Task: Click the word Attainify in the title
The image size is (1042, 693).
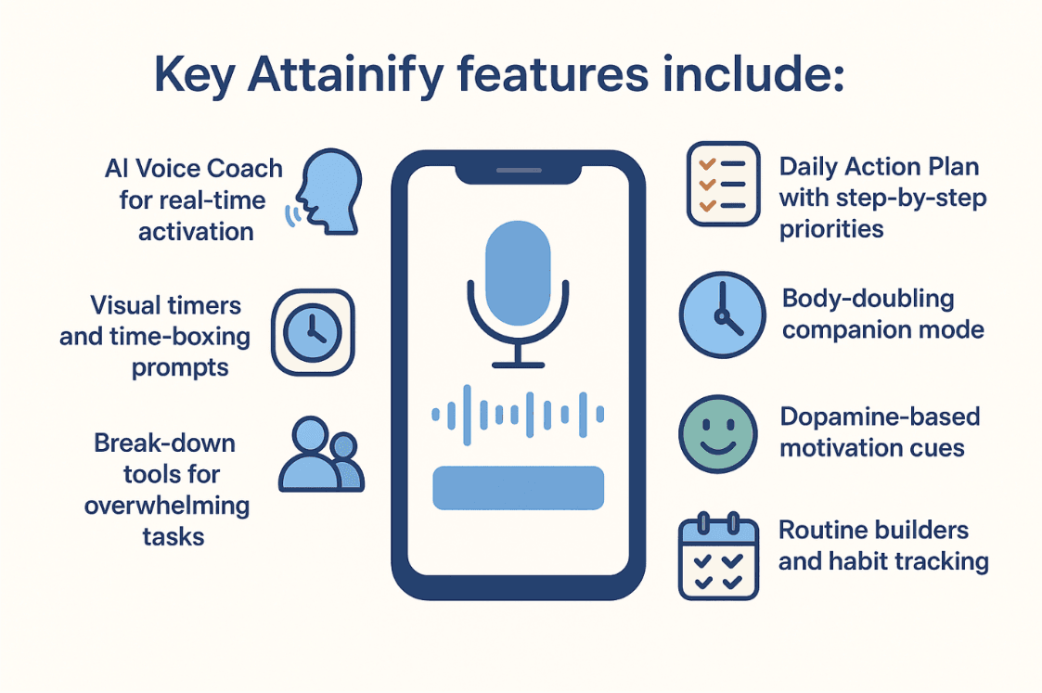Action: click(x=345, y=75)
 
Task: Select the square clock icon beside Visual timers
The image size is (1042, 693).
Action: click(x=313, y=332)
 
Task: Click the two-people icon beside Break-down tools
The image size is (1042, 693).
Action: click(x=322, y=455)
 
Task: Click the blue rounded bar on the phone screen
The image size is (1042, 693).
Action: click(x=519, y=488)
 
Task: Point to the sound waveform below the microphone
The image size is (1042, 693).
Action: click(x=519, y=415)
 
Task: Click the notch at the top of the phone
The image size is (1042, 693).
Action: click(x=519, y=173)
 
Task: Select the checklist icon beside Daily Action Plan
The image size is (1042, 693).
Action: click(x=724, y=184)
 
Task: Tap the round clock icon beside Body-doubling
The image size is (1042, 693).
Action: click(x=723, y=314)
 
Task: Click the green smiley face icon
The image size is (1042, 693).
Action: click(x=718, y=434)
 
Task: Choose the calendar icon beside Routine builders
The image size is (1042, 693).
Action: click(x=718, y=556)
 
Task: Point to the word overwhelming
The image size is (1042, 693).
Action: click(x=167, y=506)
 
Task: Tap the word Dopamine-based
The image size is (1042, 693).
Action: click(x=880, y=417)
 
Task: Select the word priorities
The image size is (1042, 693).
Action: click(x=831, y=230)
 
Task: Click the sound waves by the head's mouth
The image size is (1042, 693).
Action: click(x=291, y=216)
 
